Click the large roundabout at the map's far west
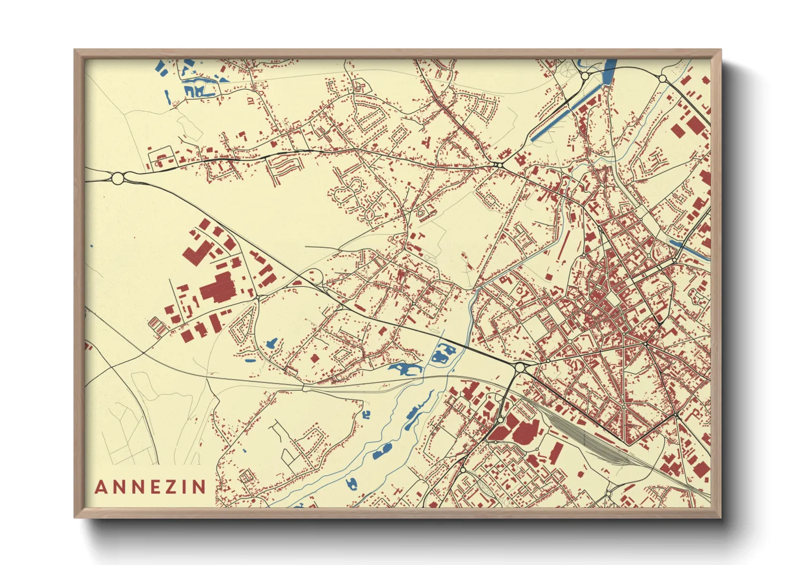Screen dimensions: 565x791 118,178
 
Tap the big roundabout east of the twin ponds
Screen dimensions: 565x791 519,367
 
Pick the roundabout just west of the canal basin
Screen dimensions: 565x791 585,76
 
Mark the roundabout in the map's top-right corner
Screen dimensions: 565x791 663,79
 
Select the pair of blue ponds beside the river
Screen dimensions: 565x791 443,353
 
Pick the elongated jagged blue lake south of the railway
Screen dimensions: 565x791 405,369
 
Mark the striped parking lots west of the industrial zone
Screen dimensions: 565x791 155,324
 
